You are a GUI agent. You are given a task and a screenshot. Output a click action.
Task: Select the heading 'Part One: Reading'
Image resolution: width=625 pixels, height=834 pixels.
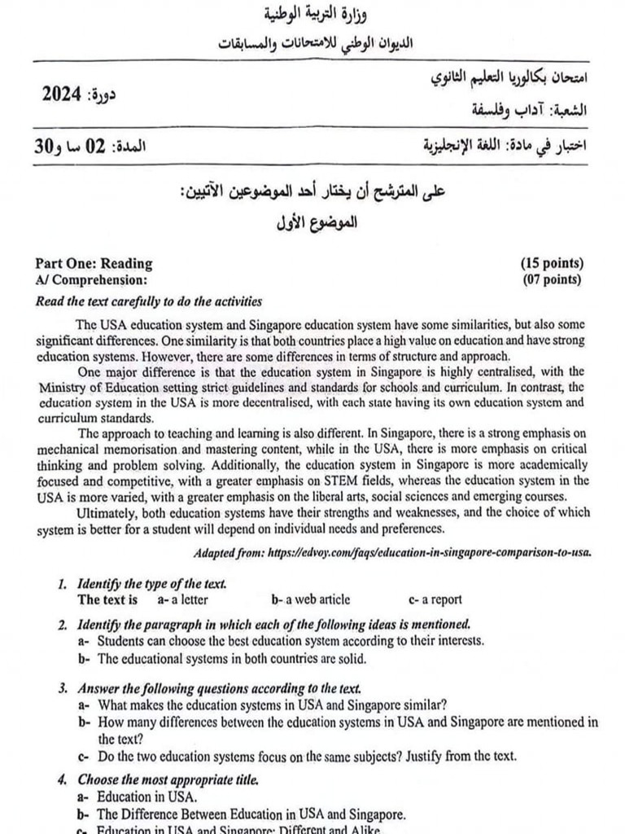(x=94, y=263)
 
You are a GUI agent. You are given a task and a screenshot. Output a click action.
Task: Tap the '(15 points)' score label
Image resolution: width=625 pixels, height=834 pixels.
(x=552, y=263)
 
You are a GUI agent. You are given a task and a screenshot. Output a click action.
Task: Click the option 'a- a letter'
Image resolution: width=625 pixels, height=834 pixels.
(x=182, y=599)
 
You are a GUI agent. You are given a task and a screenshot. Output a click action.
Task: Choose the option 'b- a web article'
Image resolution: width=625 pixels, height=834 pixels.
(x=311, y=599)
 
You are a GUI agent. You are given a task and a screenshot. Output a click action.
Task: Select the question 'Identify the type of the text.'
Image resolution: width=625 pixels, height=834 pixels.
(x=151, y=584)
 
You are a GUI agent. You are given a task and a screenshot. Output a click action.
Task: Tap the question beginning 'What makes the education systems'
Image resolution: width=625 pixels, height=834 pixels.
(x=271, y=705)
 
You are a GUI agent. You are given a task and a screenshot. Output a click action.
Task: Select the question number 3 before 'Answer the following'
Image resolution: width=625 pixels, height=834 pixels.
(x=63, y=689)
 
